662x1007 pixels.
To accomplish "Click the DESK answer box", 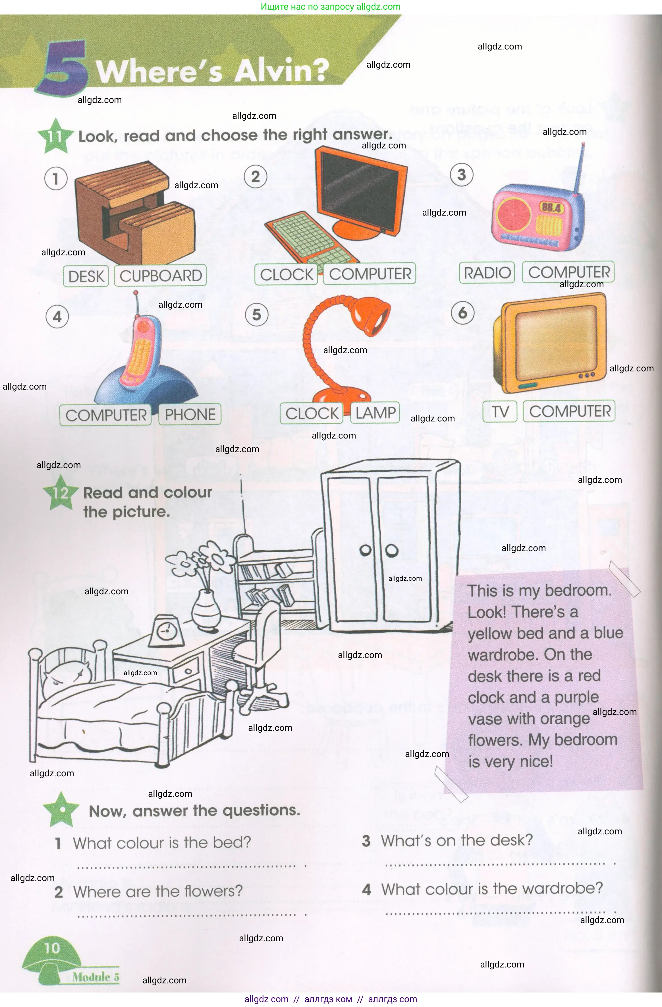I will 86,276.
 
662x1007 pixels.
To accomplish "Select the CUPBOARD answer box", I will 160,276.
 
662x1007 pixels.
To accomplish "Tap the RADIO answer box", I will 487,272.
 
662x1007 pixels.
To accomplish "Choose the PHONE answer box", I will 190,414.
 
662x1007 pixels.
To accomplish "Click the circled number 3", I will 462,175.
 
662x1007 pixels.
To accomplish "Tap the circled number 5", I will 256,315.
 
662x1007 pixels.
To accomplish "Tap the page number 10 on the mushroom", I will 52,948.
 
